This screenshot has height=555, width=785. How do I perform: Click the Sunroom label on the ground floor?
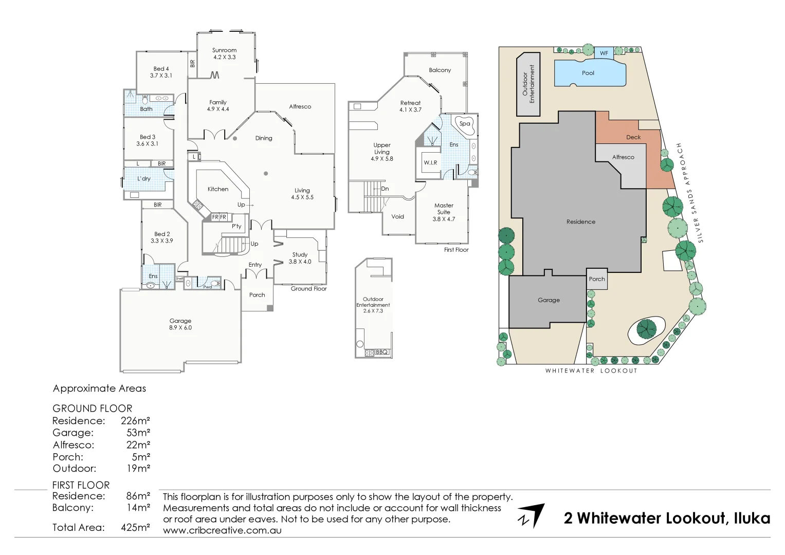point(224,50)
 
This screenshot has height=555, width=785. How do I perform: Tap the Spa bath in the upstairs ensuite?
point(465,124)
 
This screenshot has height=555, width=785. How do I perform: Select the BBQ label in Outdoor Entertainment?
point(381,352)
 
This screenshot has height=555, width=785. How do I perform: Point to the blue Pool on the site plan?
point(589,73)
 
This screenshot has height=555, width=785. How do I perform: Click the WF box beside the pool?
point(604,53)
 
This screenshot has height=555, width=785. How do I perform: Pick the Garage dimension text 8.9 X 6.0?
point(180,328)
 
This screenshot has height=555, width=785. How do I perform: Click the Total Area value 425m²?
point(135,527)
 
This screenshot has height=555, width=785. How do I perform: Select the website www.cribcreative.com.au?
point(222,530)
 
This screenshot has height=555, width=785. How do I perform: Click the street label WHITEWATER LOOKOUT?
point(591,371)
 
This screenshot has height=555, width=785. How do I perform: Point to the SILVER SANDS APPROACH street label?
point(690,193)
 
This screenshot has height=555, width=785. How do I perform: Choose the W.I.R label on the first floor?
point(430,163)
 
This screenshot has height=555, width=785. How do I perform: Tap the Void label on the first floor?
point(397,217)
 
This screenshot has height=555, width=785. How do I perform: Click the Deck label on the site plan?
point(633,137)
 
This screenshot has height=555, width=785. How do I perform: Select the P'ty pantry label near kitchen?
point(236,226)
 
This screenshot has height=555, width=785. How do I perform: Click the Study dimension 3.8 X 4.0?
point(300,262)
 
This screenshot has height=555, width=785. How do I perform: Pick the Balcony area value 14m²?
point(138,508)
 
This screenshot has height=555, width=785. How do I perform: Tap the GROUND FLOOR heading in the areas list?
point(93,409)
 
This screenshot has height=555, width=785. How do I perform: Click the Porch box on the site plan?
point(597,279)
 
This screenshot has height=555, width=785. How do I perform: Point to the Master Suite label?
point(444,209)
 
